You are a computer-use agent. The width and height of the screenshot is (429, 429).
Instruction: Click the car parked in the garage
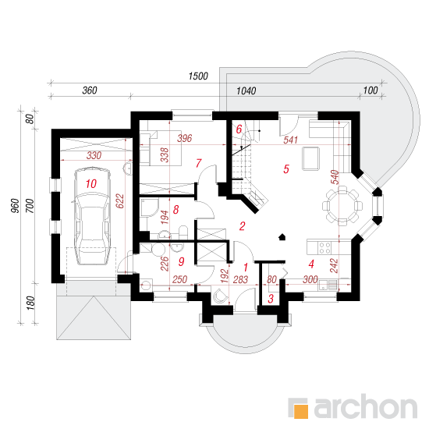coord(92,216)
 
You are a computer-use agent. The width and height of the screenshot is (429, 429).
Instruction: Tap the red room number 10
coord(91,184)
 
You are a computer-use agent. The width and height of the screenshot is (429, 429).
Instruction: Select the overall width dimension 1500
coord(198,76)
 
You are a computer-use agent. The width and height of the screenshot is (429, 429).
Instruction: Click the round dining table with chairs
coord(342,206)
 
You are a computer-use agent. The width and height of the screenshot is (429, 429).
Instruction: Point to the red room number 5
coord(286,169)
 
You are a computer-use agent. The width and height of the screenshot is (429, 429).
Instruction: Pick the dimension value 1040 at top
coord(246,90)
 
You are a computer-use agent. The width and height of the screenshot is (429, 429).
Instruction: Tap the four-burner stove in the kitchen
coord(324,247)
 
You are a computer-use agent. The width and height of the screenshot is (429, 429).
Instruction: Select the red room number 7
coord(198,163)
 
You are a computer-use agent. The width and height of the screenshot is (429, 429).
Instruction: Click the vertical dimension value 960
coord(16,206)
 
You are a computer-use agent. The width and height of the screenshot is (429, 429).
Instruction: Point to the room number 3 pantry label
coord(271,299)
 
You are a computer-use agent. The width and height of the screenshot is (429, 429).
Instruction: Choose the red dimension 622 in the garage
coord(120,201)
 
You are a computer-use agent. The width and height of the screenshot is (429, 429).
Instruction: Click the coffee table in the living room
coord(310,158)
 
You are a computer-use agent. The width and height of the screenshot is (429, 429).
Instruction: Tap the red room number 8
coord(176,210)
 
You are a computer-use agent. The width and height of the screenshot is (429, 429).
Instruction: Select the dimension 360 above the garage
coord(90,90)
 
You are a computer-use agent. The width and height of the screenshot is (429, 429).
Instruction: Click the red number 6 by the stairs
coord(239,129)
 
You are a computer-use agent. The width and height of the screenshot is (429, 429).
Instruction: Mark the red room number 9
coord(182,261)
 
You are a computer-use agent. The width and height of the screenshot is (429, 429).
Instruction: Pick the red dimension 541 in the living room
coord(290,140)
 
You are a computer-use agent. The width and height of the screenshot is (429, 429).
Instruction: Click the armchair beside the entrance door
coord(220,296)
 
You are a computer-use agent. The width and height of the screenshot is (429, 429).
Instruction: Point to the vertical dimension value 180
coord(30,303)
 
